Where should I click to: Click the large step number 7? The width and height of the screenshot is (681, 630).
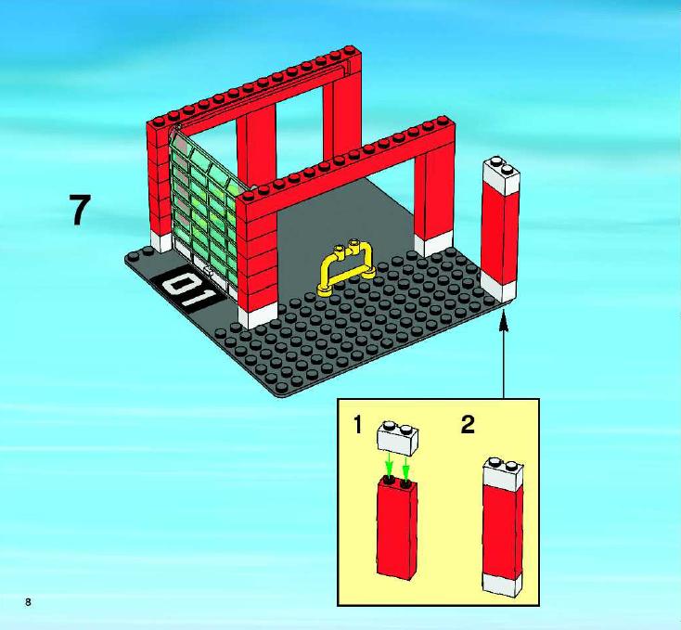click(80, 210)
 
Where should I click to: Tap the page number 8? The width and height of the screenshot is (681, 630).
click(28, 602)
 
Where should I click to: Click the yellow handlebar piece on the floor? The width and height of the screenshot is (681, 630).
click(347, 269)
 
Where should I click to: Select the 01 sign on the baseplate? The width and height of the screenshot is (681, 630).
click(189, 289)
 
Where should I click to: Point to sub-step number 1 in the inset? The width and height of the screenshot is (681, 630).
click(357, 425)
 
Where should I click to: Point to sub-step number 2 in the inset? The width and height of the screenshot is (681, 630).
click(468, 424)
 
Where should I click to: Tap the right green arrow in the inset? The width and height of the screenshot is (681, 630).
click(406, 466)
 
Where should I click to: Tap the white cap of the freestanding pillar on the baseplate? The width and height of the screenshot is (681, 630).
click(501, 175)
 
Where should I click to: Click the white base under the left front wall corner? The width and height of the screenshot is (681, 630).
click(161, 240)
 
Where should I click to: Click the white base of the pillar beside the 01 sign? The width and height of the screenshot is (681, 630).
click(258, 315)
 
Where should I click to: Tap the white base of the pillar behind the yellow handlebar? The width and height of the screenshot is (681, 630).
click(433, 244)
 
